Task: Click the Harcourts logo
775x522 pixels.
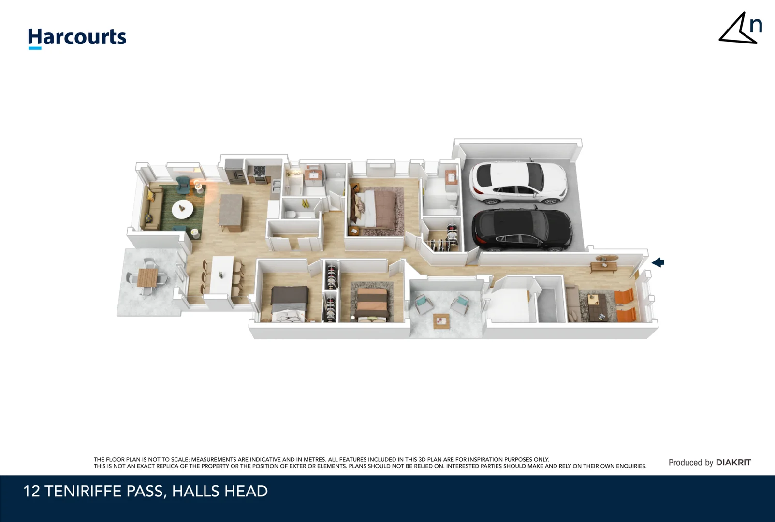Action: click(x=77, y=38)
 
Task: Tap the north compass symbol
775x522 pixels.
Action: click(x=740, y=29)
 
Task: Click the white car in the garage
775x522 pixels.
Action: click(x=517, y=182)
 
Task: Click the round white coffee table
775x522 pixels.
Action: click(x=182, y=209)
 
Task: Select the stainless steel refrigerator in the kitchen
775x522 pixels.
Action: click(x=235, y=171)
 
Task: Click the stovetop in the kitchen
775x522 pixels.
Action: click(x=259, y=171)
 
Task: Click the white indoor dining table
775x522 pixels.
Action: click(x=222, y=275)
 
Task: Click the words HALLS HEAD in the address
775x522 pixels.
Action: click(x=219, y=492)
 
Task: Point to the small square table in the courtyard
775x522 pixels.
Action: click(x=441, y=320)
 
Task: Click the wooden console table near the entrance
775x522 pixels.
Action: click(x=605, y=264)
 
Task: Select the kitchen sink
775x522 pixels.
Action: click(x=276, y=185)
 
